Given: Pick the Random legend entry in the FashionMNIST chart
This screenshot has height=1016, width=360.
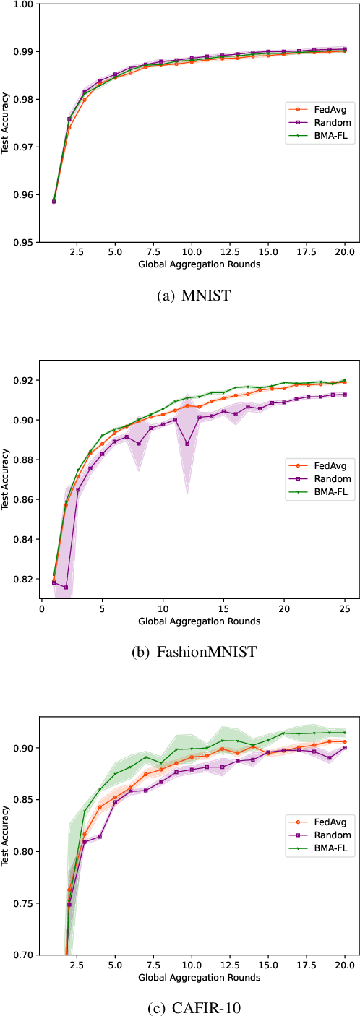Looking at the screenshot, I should tap(319, 478).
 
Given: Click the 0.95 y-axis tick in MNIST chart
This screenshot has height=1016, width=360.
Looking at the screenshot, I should tap(23, 242).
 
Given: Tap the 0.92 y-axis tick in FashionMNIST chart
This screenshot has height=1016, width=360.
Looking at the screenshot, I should tap(23, 381).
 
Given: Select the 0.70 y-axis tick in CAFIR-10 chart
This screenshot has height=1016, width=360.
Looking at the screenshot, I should tap(23, 955).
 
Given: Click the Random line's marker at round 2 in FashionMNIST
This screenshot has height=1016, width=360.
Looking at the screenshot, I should tap(66, 587).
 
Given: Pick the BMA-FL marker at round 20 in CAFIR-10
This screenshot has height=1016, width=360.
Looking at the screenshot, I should tap(344, 732).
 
